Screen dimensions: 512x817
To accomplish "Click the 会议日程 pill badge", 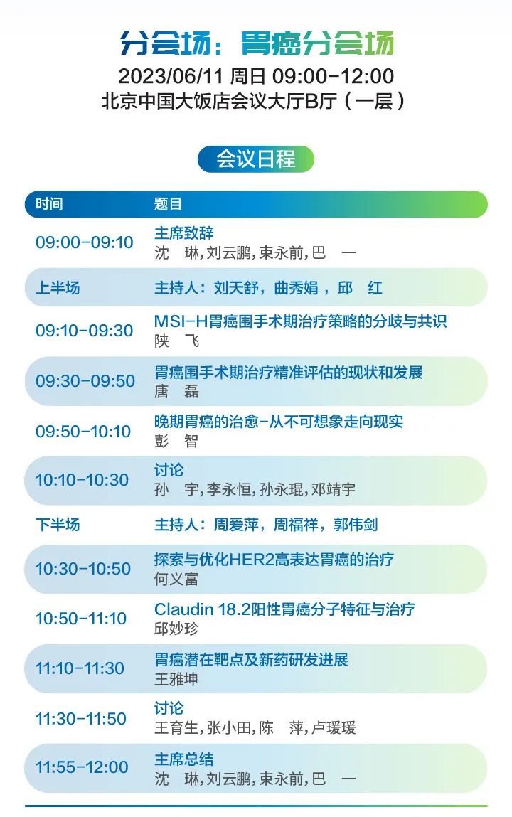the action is coord(256,159).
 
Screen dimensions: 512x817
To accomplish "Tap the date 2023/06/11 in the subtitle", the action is coord(171,76).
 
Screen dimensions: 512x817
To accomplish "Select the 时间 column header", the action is coord(49,204).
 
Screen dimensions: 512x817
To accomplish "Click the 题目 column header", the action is coord(168,204).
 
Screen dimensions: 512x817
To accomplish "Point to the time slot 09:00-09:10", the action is coord(85,242).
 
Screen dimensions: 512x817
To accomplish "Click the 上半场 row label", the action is coord(58,287).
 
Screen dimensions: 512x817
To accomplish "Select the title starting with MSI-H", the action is coord(301,321).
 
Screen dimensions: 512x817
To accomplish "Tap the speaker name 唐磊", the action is coord(176,391).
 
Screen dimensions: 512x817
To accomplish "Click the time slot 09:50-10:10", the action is coord(83,432).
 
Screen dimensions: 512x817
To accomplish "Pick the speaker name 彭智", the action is coord(176,442).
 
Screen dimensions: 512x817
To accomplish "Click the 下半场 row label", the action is coord(58,524).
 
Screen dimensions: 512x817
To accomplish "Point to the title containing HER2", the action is coord(274,560).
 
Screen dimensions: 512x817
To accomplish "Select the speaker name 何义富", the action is coord(176,579).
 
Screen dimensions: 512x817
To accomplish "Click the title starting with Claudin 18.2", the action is coord(284,609).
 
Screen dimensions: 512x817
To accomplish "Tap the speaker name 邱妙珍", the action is coord(176,629).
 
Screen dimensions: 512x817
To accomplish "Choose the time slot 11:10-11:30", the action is coord(80,668).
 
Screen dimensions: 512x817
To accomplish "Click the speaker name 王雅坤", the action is coord(176,679).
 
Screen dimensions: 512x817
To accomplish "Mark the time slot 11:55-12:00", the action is coord(82,767).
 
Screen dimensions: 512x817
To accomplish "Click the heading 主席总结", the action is coord(184,759).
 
